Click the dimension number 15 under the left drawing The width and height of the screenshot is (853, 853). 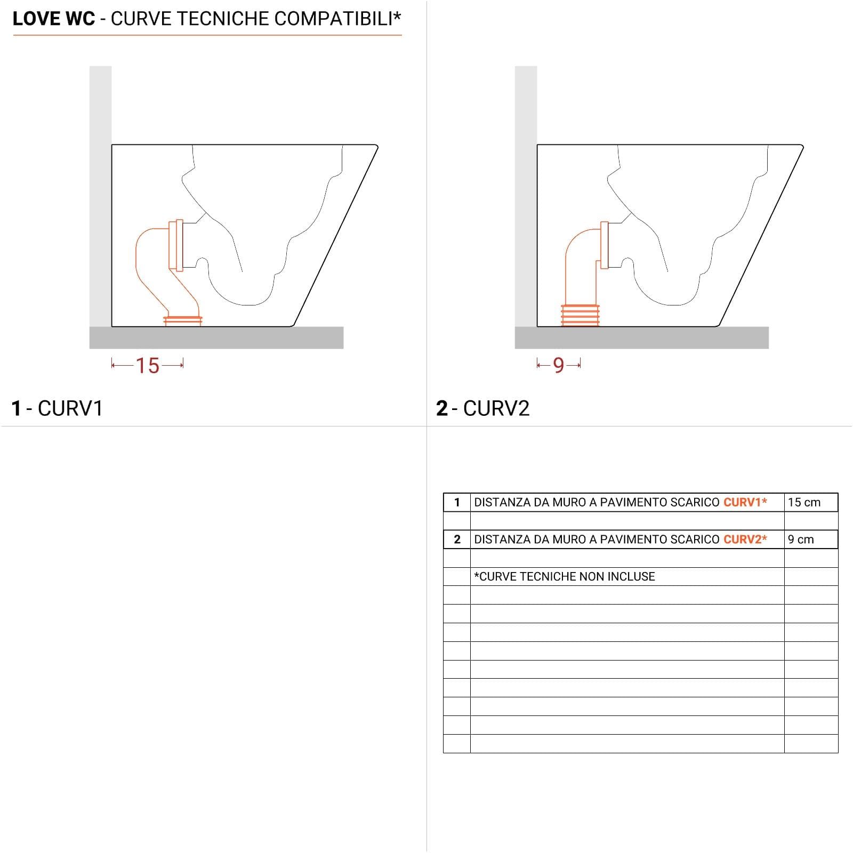(147, 366)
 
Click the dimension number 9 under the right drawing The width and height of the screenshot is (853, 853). (558, 366)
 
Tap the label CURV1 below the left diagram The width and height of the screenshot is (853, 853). (70, 408)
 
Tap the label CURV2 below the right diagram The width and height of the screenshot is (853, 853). (496, 408)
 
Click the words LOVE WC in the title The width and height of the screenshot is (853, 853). (54, 19)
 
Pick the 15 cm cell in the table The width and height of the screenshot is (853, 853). (804, 502)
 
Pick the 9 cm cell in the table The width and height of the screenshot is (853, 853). (801, 540)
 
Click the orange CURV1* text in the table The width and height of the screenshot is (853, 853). (745, 502)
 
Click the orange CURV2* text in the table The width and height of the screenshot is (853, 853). (745, 540)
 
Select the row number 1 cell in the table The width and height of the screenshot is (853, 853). (457, 502)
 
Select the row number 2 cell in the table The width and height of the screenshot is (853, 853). (457, 540)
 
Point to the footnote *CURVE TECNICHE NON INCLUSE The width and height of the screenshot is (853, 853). (565, 576)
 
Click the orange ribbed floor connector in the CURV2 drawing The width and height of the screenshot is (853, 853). (580, 315)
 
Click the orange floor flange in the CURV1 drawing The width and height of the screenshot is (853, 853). (183, 320)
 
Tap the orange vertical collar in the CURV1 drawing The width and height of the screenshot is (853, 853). (176, 245)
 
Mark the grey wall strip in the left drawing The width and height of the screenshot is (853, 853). (100, 196)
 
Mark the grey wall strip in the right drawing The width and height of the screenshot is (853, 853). (526, 196)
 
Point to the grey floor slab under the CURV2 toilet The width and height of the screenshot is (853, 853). (641, 338)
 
